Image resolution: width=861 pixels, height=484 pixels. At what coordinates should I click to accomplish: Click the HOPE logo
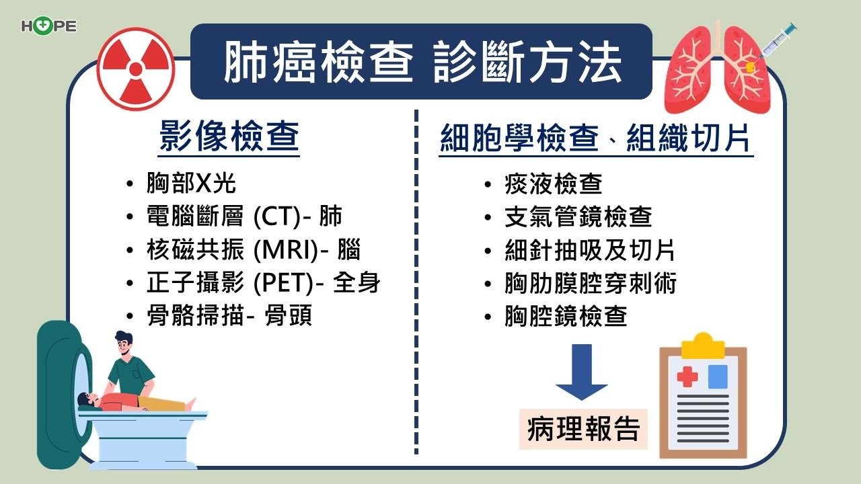click(49, 26)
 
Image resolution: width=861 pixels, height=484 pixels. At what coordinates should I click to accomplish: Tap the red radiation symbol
click(136, 69)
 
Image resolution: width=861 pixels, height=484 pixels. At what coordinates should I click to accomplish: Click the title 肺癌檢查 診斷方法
click(422, 62)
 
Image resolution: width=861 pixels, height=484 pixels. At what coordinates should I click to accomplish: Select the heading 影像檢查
click(229, 136)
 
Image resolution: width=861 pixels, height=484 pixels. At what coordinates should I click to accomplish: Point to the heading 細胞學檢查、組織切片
click(595, 138)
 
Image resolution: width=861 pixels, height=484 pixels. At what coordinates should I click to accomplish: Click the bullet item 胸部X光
click(191, 183)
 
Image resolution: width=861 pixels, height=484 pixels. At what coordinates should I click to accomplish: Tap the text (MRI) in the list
click(286, 249)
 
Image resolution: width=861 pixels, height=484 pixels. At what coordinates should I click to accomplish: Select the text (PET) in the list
click(284, 283)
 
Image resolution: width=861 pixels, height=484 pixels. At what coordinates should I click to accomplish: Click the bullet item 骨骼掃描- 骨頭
click(229, 316)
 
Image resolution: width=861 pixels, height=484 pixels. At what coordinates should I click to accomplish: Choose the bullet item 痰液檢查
click(553, 184)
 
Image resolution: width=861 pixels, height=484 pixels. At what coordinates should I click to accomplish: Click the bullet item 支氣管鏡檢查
click(578, 216)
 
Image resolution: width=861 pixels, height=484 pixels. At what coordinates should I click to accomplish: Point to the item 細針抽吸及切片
click(590, 250)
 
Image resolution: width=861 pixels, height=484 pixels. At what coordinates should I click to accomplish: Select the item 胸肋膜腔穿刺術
click(591, 284)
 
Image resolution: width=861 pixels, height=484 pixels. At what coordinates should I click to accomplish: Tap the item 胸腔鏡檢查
click(566, 316)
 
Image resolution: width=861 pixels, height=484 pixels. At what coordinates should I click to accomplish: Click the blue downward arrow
click(582, 372)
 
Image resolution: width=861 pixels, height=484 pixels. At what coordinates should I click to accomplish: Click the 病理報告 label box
click(583, 429)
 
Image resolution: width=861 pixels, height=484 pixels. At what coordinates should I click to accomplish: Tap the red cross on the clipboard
click(687, 376)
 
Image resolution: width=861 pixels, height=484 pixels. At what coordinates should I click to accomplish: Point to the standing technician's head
click(124, 344)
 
